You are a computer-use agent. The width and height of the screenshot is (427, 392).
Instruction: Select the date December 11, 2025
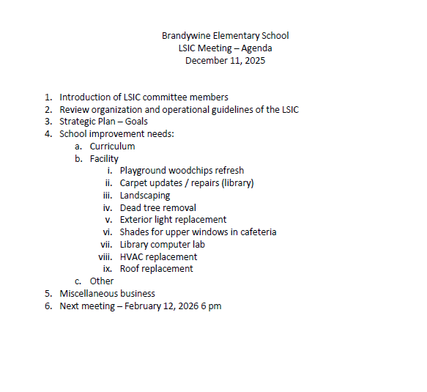(x=225, y=61)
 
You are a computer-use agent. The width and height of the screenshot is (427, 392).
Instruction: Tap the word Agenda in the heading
(x=257, y=48)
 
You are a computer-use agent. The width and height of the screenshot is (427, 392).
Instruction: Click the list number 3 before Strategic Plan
(x=48, y=122)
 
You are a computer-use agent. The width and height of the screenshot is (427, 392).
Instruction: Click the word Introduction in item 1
(x=86, y=97)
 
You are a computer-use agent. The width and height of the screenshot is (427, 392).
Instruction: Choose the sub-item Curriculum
(x=112, y=147)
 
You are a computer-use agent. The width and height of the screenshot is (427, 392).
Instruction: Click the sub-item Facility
(x=104, y=158)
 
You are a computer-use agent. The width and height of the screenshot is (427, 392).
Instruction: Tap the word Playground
(x=146, y=171)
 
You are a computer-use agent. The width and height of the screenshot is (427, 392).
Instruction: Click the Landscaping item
(x=145, y=196)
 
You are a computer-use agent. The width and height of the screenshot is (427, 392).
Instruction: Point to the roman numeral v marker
(x=108, y=220)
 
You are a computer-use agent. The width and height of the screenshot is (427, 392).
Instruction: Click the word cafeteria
(x=256, y=232)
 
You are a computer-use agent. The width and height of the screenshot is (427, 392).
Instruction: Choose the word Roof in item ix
(x=130, y=269)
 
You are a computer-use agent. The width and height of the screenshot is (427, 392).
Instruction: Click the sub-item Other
(x=102, y=281)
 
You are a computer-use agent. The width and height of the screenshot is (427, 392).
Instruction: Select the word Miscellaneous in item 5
(x=92, y=294)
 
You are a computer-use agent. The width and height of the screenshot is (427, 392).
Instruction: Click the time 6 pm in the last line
(x=211, y=306)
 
